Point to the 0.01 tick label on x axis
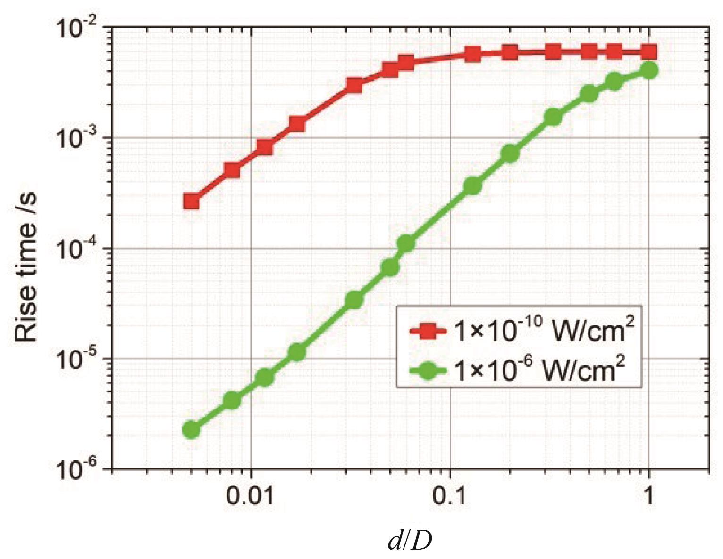pos(251,497)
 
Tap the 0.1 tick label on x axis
pos(450,497)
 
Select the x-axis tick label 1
pos(649,497)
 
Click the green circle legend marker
pos(427,369)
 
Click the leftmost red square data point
pos(191,201)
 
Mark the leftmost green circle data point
pos(191,429)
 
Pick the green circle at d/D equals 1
pos(649,70)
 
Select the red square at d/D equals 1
pos(649,52)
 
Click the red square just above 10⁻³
pos(297,124)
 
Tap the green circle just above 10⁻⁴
pos(406,243)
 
